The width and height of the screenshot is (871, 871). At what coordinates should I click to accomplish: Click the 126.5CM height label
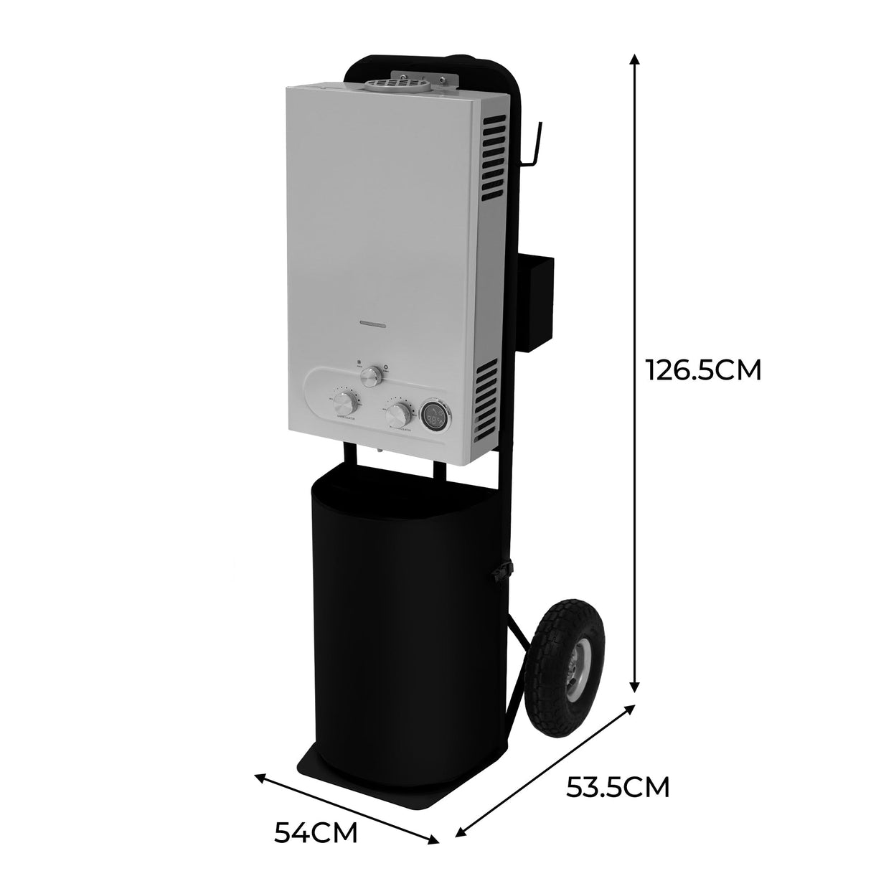[x=702, y=370]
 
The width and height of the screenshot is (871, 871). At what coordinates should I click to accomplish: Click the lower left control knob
[x=345, y=401]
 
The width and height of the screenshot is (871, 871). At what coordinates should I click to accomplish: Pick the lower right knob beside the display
[x=399, y=415]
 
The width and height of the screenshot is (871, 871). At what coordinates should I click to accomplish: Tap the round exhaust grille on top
[x=395, y=84]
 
